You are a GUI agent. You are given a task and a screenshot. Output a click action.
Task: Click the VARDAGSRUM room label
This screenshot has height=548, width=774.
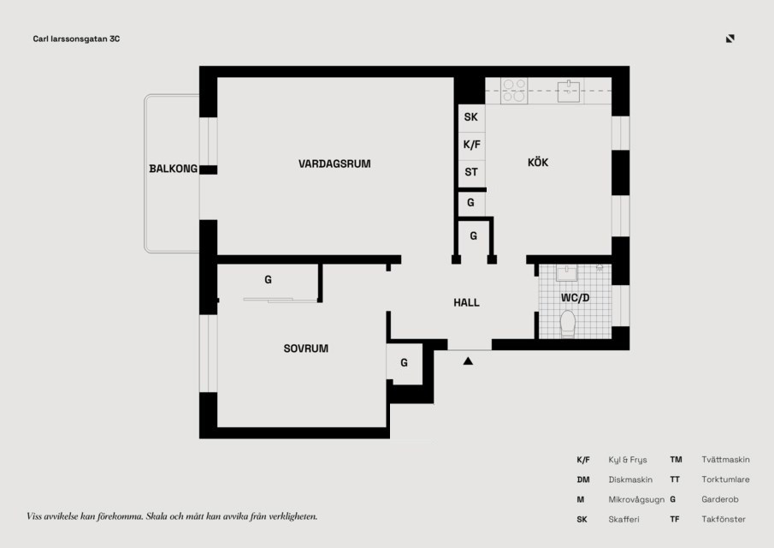click(x=334, y=164)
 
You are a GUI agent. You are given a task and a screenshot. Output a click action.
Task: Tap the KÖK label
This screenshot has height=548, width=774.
click(x=538, y=162)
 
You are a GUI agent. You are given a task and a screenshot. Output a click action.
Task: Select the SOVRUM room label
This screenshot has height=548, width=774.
click(x=305, y=348)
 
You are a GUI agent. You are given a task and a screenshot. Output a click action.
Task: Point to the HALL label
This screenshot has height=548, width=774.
click(x=466, y=302)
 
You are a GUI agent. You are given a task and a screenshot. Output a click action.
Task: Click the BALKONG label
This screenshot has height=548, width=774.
click(x=174, y=169)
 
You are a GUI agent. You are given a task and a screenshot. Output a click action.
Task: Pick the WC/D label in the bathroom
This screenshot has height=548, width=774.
click(x=575, y=298)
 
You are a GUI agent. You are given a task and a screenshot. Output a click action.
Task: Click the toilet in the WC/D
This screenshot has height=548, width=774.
click(x=568, y=324)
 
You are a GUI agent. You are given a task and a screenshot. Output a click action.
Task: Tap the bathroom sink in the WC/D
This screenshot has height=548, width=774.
click(x=567, y=273)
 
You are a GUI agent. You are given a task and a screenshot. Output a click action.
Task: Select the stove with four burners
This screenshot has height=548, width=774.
click(x=514, y=91)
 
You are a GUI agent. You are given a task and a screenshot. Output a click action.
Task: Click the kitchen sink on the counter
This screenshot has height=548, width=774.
click(x=569, y=92)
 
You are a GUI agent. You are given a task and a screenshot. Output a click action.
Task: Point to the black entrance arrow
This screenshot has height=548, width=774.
click(x=468, y=361)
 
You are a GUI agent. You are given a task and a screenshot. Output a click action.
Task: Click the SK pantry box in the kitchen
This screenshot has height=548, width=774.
click(x=471, y=117)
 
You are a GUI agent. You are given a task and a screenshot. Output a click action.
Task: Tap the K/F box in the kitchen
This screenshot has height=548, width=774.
click(x=471, y=146)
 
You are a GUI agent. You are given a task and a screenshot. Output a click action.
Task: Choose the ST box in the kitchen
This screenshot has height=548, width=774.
click(x=471, y=173)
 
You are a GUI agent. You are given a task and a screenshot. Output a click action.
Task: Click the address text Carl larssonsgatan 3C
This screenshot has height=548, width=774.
click(x=76, y=39)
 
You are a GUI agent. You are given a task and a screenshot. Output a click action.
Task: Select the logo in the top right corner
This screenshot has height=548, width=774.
click(x=730, y=39)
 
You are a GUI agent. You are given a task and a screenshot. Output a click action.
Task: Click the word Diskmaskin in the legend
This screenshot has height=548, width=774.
click(x=630, y=479)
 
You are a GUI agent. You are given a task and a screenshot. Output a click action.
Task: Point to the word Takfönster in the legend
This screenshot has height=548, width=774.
click(x=724, y=520)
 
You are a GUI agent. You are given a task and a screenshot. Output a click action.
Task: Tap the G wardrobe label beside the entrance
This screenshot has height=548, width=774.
click(x=404, y=363)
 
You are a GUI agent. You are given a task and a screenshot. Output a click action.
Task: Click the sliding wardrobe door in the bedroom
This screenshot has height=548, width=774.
click(x=281, y=300)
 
